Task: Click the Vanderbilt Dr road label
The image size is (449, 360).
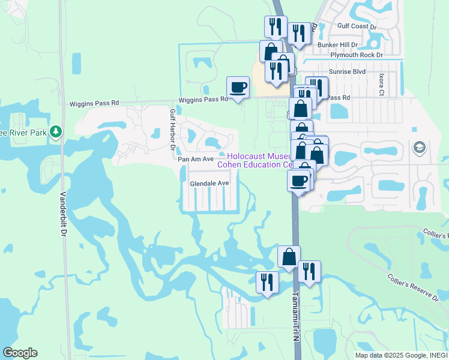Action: (x=63, y=214)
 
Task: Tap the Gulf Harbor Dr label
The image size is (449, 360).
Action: (x=172, y=129)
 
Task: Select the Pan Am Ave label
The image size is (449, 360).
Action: (x=196, y=159)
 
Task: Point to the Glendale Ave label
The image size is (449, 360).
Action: (x=209, y=183)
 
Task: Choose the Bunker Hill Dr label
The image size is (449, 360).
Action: (x=338, y=45)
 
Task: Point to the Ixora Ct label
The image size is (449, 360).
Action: (x=381, y=85)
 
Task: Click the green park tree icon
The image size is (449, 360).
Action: (x=56, y=131)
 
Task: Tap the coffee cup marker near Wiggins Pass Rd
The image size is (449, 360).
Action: (x=238, y=87)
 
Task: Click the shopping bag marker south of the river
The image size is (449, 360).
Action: (x=289, y=256)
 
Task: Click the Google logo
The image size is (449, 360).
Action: (x=20, y=353)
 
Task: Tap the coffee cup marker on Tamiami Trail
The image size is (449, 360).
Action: (x=299, y=180)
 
